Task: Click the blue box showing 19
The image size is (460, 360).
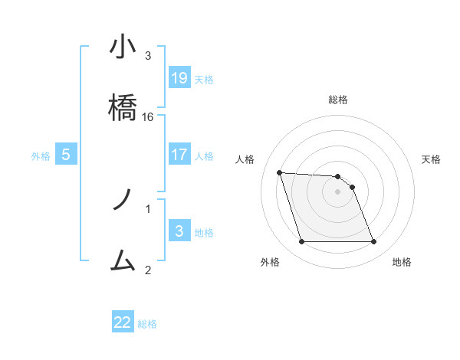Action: pyautogui.click(x=179, y=77)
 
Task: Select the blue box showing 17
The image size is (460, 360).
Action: pyautogui.click(x=179, y=155)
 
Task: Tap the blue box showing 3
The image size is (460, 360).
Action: pyautogui.click(x=179, y=231)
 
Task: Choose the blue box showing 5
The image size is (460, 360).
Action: pyautogui.click(x=66, y=155)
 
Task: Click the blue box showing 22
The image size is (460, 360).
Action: pyautogui.click(x=123, y=322)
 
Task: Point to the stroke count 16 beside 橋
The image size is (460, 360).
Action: pyautogui.click(x=148, y=117)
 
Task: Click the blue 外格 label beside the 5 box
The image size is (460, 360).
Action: pyautogui.click(x=41, y=156)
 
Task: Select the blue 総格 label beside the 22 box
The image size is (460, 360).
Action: pyautogui.click(x=147, y=324)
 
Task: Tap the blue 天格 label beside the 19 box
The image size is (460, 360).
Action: pyautogui.click(x=204, y=79)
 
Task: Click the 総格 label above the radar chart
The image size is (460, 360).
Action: pyautogui.click(x=338, y=100)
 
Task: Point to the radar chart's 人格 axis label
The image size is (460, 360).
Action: pyautogui.click(x=245, y=159)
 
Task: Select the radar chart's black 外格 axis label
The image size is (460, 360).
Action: pyautogui.click(x=270, y=262)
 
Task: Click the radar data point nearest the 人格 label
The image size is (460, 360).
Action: pyautogui.click(x=280, y=172)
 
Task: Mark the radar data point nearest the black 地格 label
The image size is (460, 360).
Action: pyautogui.click(x=373, y=242)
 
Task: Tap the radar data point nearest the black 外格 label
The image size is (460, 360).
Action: pyautogui.click(x=301, y=242)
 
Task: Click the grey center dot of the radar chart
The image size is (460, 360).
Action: pyautogui.click(x=337, y=191)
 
